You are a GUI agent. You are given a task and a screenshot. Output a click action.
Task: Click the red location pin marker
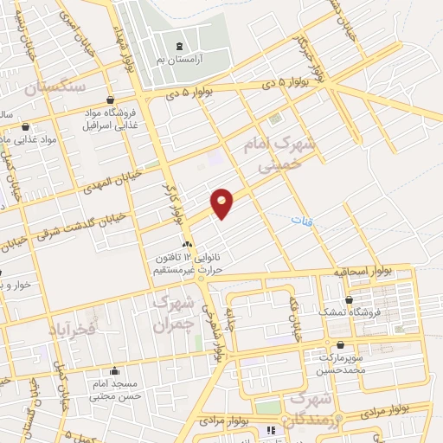pos(222,203)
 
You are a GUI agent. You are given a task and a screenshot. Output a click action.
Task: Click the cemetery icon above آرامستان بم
pos(179,46)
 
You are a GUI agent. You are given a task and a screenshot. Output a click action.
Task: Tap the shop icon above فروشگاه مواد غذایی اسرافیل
pos(110,100)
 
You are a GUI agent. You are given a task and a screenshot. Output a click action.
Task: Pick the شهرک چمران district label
pos(170,313)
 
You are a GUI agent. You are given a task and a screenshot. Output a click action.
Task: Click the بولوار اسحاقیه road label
pos(363,272)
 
